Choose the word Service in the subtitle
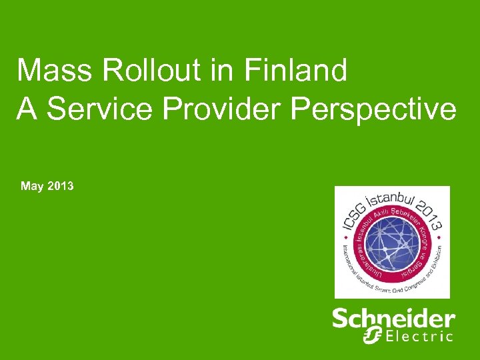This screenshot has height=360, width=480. pyautogui.click(x=93, y=109)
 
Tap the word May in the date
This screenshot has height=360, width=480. pyautogui.click(x=32, y=186)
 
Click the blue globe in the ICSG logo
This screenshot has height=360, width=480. pyautogui.click(x=392, y=243)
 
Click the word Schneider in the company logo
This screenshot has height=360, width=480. pyautogui.click(x=393, y=319)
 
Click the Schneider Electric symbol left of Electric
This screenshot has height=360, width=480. pyautogui.click(x=373, y=335)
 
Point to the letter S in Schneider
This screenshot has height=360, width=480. pyautogui.click(x=341, y=319)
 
